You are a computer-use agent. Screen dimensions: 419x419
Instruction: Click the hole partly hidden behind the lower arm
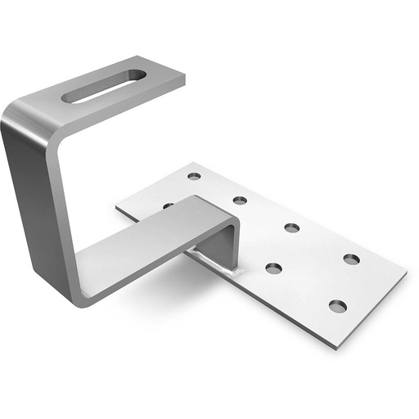coord(168,205)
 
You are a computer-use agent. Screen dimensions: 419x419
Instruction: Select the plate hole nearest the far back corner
coord(194,176)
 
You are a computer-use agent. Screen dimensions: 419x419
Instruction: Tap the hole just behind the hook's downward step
coord(240,200)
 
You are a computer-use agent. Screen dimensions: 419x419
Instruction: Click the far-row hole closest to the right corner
coord(351,259)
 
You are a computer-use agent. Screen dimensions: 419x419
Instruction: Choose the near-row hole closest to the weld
coord(273,268)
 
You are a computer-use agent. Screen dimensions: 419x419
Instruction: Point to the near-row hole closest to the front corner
coord(337,306)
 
